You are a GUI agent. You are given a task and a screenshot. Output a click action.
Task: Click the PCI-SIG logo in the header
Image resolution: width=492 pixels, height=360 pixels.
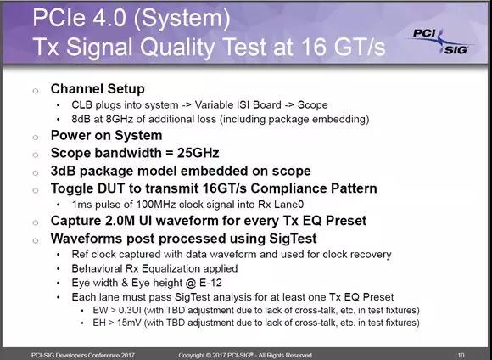(441, 42)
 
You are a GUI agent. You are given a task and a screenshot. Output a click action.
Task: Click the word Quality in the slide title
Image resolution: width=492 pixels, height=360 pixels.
(177, 47)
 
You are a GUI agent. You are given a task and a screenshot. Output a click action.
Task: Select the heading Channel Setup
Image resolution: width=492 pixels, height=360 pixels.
(98, 89)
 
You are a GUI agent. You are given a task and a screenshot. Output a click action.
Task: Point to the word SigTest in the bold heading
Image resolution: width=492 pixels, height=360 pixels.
(293, 239)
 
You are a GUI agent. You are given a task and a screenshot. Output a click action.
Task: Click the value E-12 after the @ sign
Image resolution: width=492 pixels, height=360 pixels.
(210, 283)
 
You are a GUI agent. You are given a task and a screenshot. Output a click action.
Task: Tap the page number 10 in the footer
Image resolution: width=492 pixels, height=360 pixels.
(461, 356)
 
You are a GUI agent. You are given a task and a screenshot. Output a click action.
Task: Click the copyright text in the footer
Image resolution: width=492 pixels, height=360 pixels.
(245, 356)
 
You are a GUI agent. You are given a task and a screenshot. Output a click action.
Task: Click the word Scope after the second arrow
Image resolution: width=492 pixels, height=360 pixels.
(312, 105)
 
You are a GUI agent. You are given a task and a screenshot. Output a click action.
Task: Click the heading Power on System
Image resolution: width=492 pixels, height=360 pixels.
(106, 135)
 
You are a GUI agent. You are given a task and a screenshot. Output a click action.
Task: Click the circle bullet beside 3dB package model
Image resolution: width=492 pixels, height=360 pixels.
(36, 172)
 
